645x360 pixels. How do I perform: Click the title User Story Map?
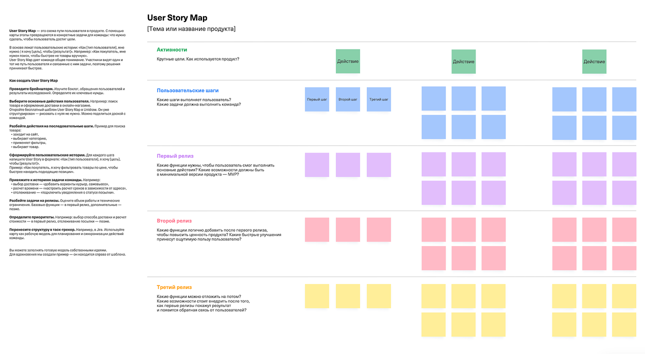click(177, 18)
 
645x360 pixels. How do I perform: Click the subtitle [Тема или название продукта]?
click(191, 29)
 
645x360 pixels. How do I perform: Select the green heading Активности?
click(171, 49)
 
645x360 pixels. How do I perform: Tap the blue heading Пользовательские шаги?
click(188, 90)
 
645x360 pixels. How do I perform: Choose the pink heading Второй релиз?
click(174, 220)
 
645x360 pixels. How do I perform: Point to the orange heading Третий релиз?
click(174, 287)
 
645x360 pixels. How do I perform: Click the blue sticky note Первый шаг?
click(317, 99)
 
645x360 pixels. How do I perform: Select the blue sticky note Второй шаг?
click(347, 99)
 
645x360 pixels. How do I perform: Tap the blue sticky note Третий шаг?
click(378, 99)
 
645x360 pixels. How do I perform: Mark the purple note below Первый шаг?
click(317, 165)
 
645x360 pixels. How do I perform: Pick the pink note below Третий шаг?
click(378, 230)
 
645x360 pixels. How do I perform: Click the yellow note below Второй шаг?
click(347, 296)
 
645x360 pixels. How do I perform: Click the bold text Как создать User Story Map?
click(33, 80)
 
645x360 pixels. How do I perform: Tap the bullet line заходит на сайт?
click(26, 134)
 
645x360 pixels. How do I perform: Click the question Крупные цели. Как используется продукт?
click(198, 59)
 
